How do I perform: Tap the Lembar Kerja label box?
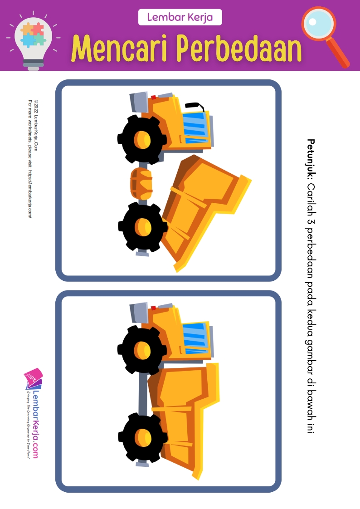coord(180,17)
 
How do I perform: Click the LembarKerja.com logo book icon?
coord(33,379)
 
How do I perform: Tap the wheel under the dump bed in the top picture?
coord(143,226)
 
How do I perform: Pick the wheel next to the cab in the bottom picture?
coord(142,349)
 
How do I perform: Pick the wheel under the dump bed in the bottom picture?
coord(143,437)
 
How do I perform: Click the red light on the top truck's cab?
coord(153,97)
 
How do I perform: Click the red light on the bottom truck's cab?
coord(153,308)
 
